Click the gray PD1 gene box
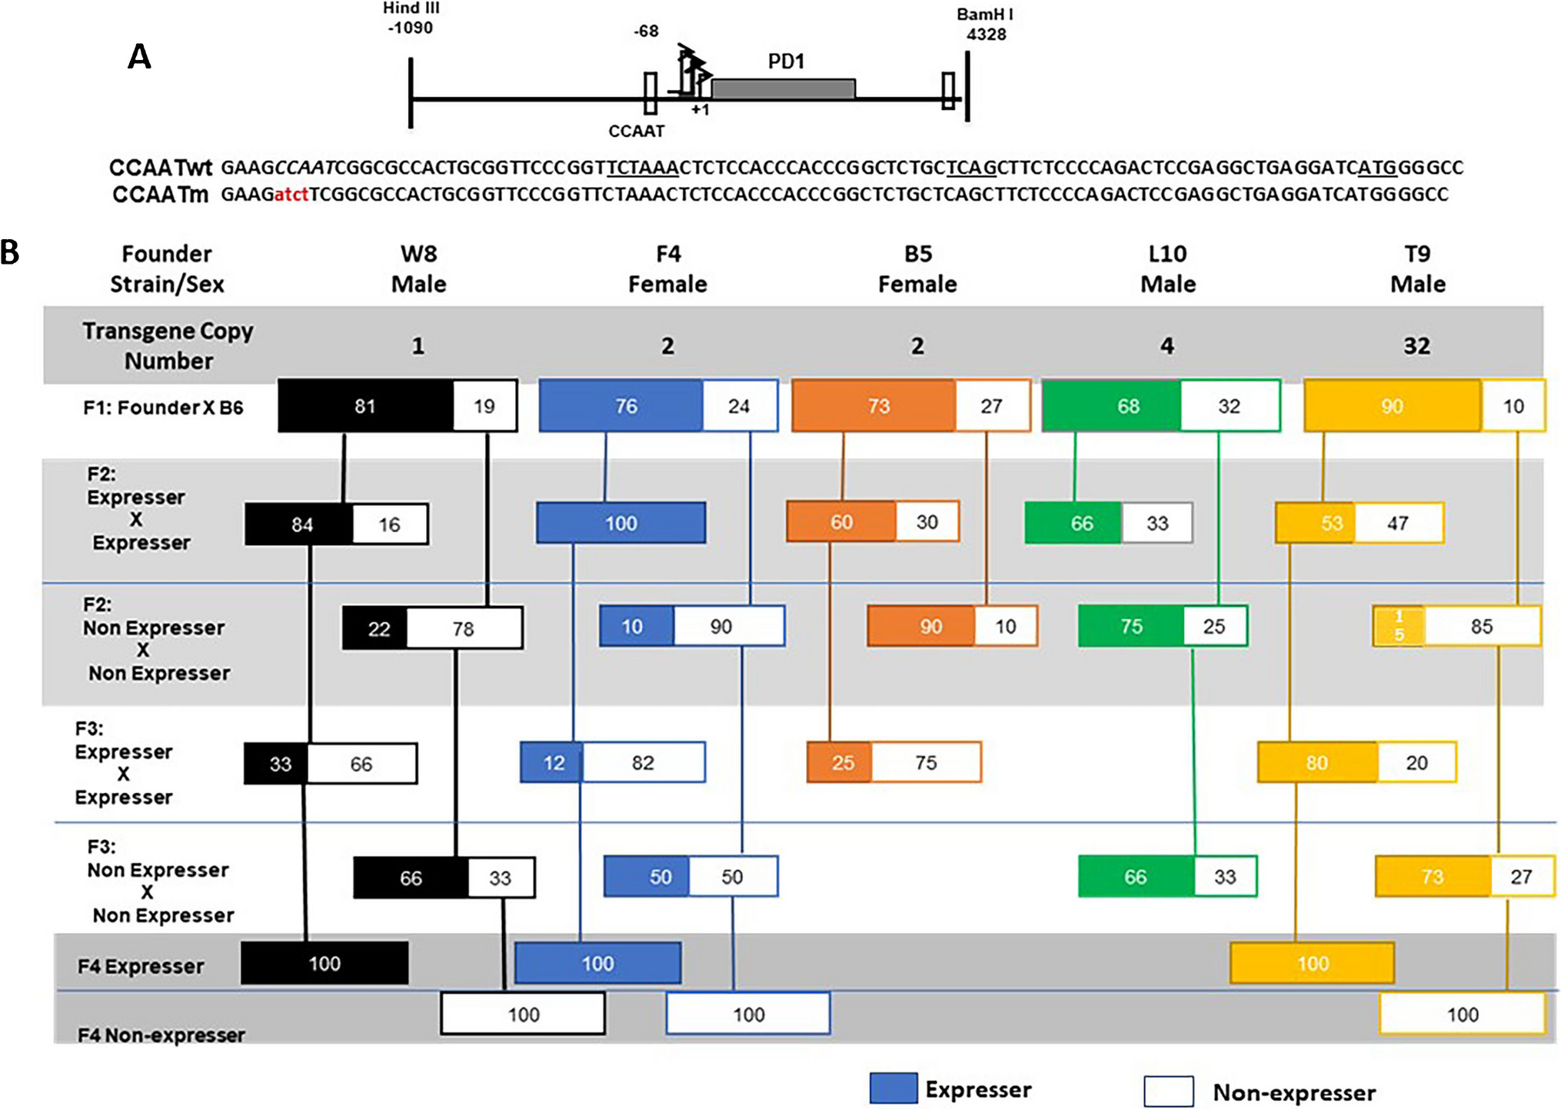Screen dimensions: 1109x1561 783,88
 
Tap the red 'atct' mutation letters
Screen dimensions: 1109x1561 291,195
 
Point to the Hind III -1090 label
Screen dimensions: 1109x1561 411,18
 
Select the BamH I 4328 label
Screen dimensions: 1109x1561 985,24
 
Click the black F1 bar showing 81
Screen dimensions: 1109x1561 365,406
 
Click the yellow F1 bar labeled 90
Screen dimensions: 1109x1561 1392,406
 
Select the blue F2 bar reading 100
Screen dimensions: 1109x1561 621,524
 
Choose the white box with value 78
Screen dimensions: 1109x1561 464,629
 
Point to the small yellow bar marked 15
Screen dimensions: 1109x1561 1399,626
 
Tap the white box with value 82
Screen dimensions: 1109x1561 644,763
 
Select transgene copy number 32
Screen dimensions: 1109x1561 1416,346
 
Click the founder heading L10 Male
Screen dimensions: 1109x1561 1167,268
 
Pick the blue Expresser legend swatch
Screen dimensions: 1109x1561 893,1088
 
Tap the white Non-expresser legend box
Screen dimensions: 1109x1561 1168,1091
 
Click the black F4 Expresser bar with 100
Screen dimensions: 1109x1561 325,964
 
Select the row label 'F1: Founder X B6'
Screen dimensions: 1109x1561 163,408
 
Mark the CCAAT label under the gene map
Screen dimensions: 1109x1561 636,132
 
